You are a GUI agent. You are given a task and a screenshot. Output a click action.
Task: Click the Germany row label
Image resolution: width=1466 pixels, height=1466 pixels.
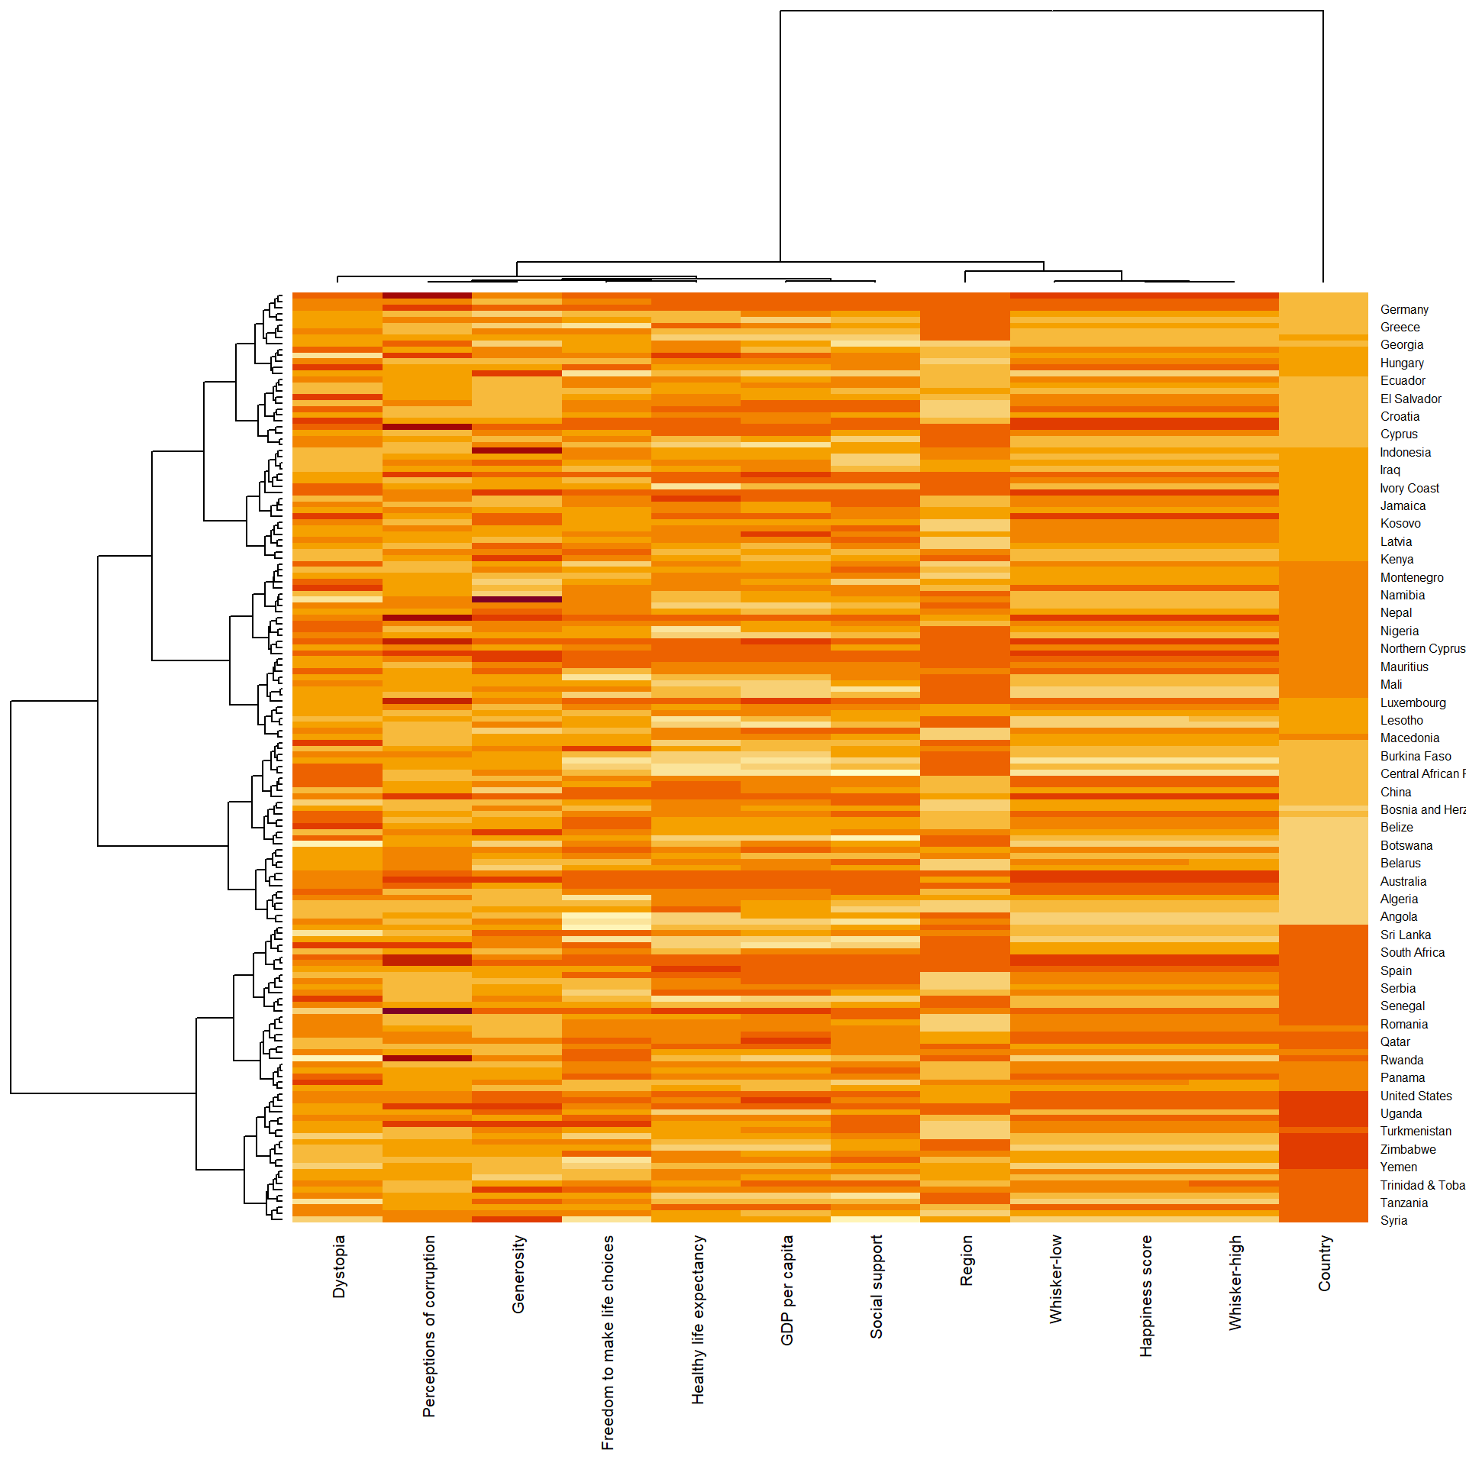point(1403,309)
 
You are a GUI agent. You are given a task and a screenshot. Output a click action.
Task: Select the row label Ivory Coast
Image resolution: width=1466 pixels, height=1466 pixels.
point(1409,488)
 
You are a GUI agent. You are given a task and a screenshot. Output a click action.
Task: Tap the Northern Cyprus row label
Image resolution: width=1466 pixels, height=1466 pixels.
point(1422,648)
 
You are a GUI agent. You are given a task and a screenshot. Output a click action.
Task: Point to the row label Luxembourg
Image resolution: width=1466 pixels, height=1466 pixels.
point(1413,702)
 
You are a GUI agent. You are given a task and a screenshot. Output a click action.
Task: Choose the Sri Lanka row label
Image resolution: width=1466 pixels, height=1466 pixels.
point(1405,935)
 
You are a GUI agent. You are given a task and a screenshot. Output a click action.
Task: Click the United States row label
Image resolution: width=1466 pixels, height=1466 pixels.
point(1416,1096)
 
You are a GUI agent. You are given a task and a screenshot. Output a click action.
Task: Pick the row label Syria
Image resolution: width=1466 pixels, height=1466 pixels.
point(1393,1220)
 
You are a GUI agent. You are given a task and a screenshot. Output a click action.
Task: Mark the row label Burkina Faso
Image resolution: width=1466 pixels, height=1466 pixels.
point(1415,756)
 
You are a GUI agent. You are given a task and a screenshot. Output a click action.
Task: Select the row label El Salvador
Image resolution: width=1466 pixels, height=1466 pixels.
point(1410,399)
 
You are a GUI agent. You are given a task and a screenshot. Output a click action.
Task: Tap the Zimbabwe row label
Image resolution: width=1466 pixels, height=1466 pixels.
point(1407,1149)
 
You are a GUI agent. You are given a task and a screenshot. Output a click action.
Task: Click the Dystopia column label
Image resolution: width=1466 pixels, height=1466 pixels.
point(339,1267)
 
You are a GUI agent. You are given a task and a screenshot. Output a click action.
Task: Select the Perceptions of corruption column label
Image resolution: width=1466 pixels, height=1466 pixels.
point(428,1326)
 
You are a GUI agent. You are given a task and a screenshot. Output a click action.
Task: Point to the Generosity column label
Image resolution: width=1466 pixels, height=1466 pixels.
point(518,1274)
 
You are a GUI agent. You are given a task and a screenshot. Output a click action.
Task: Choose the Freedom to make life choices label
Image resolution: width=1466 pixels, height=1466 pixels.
point(608,1342)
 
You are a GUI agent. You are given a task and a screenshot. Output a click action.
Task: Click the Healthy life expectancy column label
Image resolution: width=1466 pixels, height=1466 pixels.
point(697,1319)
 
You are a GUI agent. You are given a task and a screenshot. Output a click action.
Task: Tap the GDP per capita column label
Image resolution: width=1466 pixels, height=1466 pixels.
point(787,1290)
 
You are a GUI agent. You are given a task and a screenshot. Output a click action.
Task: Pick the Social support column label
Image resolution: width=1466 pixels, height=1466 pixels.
point(877,1287)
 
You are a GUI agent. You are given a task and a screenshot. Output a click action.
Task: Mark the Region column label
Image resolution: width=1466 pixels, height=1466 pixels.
point(967,1261)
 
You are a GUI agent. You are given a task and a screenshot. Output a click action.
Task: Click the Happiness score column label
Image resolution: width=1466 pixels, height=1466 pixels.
point(1145,1296)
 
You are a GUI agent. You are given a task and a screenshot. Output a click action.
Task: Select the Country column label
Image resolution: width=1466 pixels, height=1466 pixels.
point(1324,1264)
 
